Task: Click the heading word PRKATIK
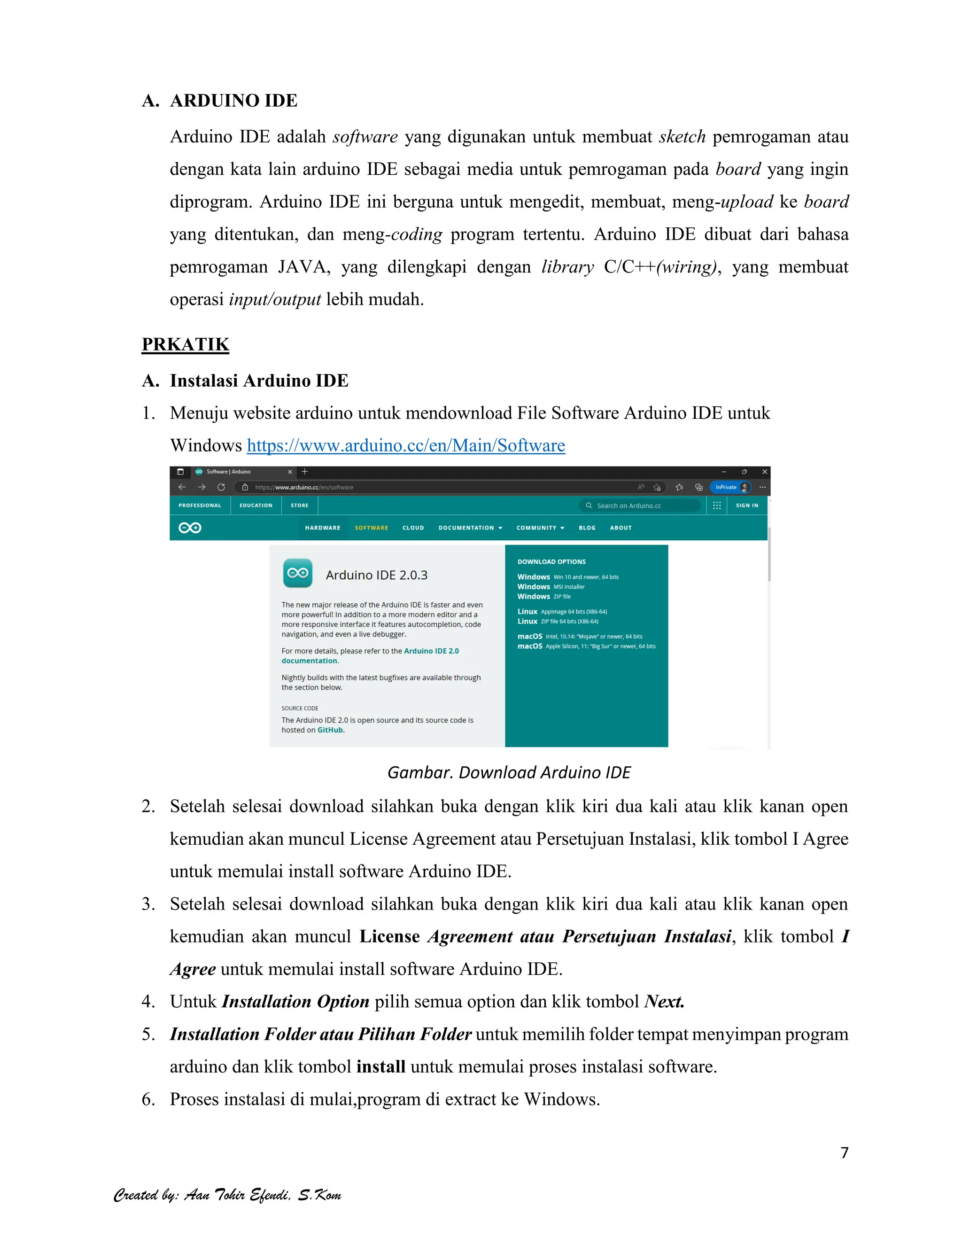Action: tap(185, 344)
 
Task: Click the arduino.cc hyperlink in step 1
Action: tap(406, 445)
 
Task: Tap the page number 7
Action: tap(845, 1152)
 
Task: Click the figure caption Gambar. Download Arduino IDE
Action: tap(508, 772)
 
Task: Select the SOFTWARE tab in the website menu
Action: tap(371, 528)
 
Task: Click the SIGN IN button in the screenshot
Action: tap(746, 506)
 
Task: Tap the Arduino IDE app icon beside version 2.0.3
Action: tap(297, 573)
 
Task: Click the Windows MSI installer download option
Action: tap(551, 587)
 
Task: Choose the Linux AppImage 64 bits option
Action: tap(562, 612)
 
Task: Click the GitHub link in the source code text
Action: tap(330, 730)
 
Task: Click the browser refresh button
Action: tap(221, 487)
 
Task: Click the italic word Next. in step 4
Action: tap(664, 1002)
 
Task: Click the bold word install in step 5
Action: tap(380, 1066)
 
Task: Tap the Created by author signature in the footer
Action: tap(227, 1195)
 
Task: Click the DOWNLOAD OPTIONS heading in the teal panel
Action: tap(551, 561)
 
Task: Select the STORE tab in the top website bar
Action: tap(299, 506)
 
